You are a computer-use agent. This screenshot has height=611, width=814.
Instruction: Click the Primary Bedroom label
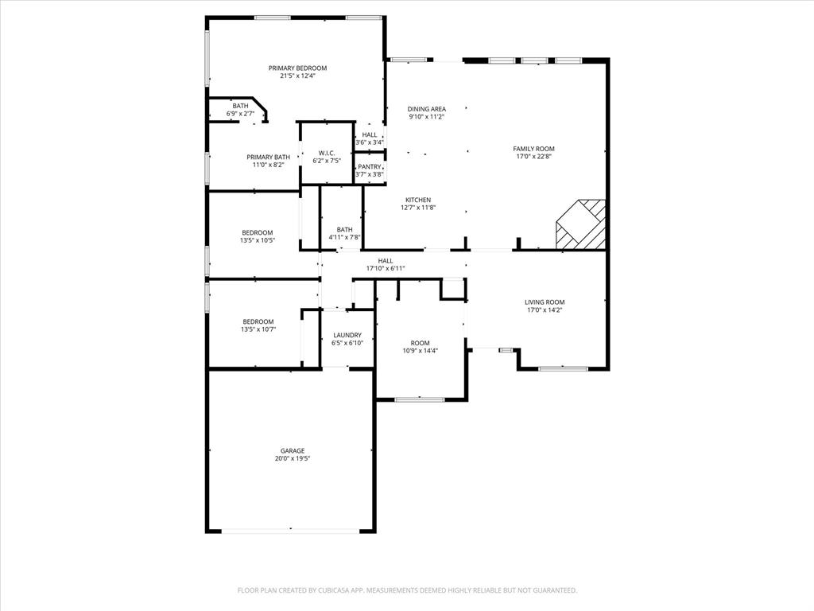tap(297, 68)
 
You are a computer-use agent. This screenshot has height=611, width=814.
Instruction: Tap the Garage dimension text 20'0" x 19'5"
tap(293, 459)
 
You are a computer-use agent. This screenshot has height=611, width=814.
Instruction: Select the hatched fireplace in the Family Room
tap(582, 224)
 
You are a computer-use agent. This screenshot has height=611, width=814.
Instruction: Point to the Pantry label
tap(369, 166)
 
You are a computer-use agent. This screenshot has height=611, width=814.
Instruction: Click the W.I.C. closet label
tap(327, 153)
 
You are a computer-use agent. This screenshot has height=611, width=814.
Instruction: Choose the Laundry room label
tap(347, 335)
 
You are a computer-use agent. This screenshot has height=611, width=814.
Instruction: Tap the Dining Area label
tap(427, 109)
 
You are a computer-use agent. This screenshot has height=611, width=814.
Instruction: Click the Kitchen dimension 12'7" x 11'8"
tap(418, 208)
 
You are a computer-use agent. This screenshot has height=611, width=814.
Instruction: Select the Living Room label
tap(545, 302)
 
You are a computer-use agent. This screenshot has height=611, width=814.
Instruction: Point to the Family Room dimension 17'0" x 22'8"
tap(533, 157)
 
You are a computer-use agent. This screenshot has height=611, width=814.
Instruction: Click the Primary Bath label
tap(268, 157)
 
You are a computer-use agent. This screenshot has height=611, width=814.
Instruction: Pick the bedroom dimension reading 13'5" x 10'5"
tap(258, 240)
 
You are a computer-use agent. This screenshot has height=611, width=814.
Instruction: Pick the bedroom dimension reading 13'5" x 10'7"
tap(258, 329)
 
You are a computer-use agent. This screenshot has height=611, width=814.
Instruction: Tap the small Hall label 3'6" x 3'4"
tap(370, 142)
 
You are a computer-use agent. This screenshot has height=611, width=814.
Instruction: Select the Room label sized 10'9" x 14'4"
tap(420, 343)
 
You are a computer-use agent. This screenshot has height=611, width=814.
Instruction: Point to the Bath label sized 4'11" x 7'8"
tap(344, 229)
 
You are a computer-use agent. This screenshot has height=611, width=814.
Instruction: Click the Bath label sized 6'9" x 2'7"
tap(240, 106)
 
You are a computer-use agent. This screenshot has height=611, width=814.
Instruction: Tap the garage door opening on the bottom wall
tap(290, 530)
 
